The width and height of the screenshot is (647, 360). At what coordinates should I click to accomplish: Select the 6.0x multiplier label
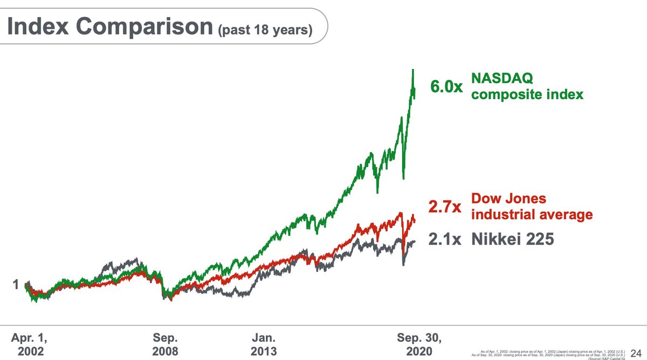(x=446, y=87)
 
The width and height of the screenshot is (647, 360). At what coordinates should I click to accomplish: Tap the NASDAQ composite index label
(x=527, y=87)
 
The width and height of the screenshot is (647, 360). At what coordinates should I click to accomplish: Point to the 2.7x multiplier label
(x=444, y=207)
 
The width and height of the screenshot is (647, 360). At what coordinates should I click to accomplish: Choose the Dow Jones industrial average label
(x=531, y=206)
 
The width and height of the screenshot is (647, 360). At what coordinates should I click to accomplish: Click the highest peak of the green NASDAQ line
(x=413, y=70)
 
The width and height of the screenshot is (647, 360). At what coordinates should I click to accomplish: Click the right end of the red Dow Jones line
(x=415, y=218)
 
